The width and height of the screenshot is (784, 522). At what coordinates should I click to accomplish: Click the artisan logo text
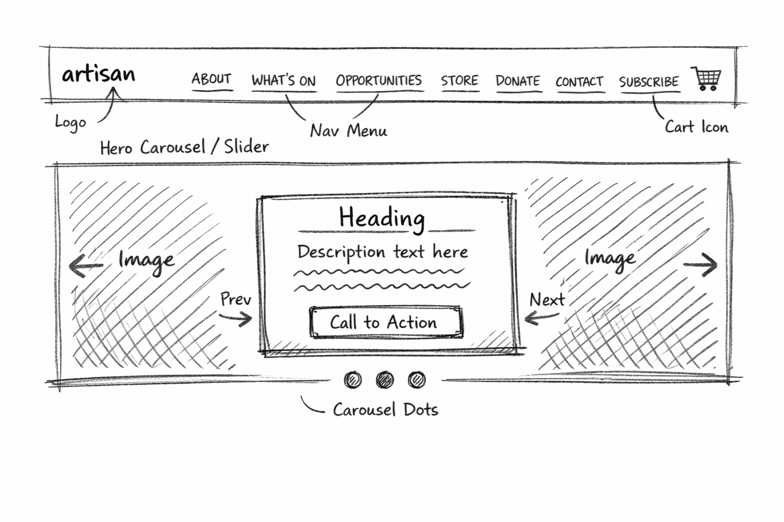98,74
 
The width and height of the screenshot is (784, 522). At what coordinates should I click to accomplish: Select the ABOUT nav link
211,79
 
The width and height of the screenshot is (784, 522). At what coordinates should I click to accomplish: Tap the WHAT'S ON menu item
284,80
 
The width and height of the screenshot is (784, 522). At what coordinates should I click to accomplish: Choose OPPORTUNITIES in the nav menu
379,80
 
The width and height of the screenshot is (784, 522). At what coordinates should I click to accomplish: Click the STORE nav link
460,80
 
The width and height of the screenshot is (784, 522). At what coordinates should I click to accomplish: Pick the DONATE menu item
518,81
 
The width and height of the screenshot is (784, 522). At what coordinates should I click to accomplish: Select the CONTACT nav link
579,81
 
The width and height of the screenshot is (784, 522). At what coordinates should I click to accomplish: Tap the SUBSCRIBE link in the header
649,81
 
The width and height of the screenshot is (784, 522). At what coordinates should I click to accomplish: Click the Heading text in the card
382,218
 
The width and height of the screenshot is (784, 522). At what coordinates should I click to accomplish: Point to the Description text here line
382,252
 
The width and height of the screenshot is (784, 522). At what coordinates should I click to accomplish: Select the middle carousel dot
385,379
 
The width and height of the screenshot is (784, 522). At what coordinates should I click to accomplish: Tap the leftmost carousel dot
353,379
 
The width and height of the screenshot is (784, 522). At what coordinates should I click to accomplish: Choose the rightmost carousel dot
417,379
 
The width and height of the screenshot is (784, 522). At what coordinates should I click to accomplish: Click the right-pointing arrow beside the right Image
701,265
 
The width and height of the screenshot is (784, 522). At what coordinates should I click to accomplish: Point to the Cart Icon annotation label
696,127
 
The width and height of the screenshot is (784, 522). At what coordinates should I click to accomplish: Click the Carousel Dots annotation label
385,409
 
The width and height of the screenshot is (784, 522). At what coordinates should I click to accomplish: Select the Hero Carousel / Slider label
184,147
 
